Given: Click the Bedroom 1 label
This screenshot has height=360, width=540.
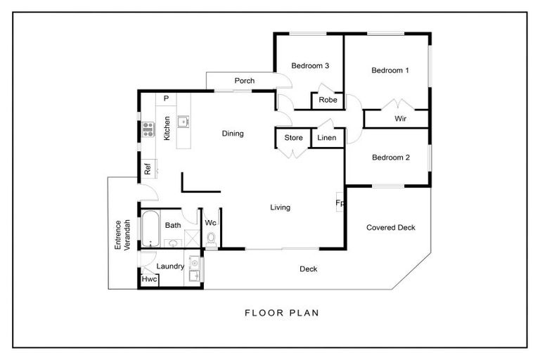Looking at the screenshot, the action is tap(390, 70).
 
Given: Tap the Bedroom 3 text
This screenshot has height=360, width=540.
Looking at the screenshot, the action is tap(310, 65).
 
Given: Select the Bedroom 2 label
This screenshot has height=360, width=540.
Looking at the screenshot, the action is tap(391, 157).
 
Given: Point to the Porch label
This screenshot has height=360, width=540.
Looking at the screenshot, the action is tap(245, 81).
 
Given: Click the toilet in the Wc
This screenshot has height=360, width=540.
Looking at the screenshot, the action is tap(211, 239).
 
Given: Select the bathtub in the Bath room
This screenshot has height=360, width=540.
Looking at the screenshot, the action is tap(150, 229).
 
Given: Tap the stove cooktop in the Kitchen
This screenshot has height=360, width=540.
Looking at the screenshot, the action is tap(148, 129).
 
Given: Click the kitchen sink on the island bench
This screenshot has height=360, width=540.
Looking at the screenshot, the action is tap(184, 122).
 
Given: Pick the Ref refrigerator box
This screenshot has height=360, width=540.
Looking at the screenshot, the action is tap(148, 169).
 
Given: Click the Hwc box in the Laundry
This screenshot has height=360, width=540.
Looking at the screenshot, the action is tap(150, 279).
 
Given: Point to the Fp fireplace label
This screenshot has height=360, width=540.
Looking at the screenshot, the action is tap(340, 203).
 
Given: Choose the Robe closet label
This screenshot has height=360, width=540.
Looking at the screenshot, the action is tap(328, 100).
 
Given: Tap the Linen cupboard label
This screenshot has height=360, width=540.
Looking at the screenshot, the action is tap(327, 138).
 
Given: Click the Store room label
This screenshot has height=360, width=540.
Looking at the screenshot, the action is tap(293, 138).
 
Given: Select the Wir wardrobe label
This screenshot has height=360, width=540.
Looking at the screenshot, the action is tap(401, 119).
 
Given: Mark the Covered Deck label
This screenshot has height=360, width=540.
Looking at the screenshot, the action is tap(391, 227).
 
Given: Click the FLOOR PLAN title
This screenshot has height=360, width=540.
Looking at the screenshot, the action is tap(282, 313).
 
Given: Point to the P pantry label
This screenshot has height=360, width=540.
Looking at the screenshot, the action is tap(167, 98).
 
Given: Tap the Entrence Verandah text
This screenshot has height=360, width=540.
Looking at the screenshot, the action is tap(122, 235).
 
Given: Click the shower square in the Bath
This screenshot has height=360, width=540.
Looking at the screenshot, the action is tap(192, 238).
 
